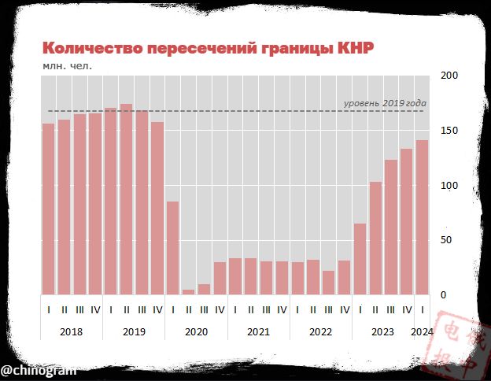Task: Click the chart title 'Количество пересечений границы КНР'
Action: click(x=208, y=48)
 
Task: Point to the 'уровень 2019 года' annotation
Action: click(x=386, y=103)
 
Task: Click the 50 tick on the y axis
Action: click(x=445, y=240)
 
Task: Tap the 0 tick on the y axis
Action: click(x=443, y=295)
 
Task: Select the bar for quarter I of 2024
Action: click(x=423, y=217)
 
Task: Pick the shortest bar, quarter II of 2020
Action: click(x=188, y=292)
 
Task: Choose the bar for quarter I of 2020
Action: click(x=173, y=248)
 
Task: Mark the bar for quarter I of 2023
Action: click(x=360, y=259)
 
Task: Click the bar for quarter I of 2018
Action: click(x=49, y=209)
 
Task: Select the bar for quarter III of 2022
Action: click(x=329, y=283)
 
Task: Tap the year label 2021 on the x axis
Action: click(x=258, y=331)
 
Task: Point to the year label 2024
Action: click(x=423, y=331)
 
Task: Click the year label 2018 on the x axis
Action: click(x=71, y=331)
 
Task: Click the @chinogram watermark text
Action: click(x=38, y=369)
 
